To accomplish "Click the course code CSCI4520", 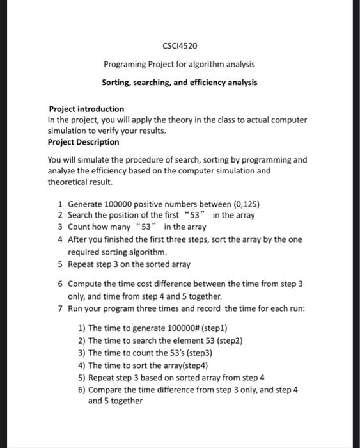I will [x=180, y=45].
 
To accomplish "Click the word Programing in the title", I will [x=125, y=64].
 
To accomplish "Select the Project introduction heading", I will [x=86, y=109].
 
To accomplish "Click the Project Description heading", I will [x=83, y=142].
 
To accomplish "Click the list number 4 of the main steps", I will [x=59, y=239].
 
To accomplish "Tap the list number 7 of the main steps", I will [x=59, y=308].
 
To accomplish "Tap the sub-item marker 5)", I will [x=82, y=377].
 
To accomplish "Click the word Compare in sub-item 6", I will [x=106, y=389].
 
